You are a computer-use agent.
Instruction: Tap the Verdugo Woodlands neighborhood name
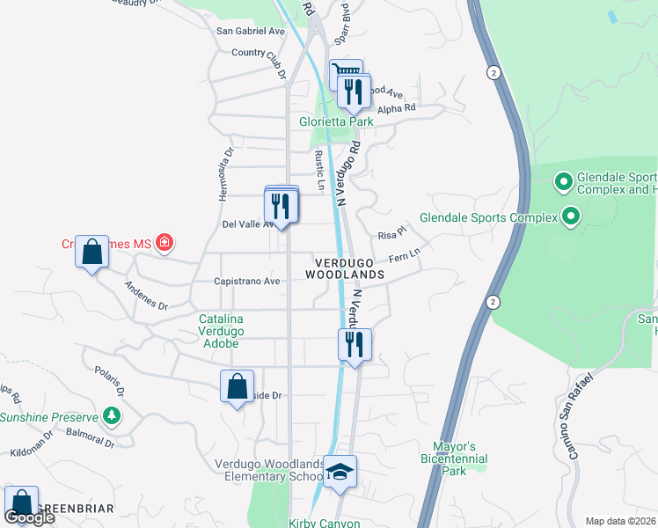coord(345,268)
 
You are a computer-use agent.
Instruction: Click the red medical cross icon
coord(163,242)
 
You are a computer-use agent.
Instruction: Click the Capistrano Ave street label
coord(247,282)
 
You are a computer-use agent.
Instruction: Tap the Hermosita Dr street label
coord(226,172)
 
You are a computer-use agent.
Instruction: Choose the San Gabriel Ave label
coord(252,31)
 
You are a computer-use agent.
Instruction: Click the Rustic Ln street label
coord(319,169)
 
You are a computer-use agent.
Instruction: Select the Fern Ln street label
coord(406,255)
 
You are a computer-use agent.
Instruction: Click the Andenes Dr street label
coord(145,296)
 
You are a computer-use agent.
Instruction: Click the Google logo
coord(29,517)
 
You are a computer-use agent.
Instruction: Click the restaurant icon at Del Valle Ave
coord(281,207)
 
